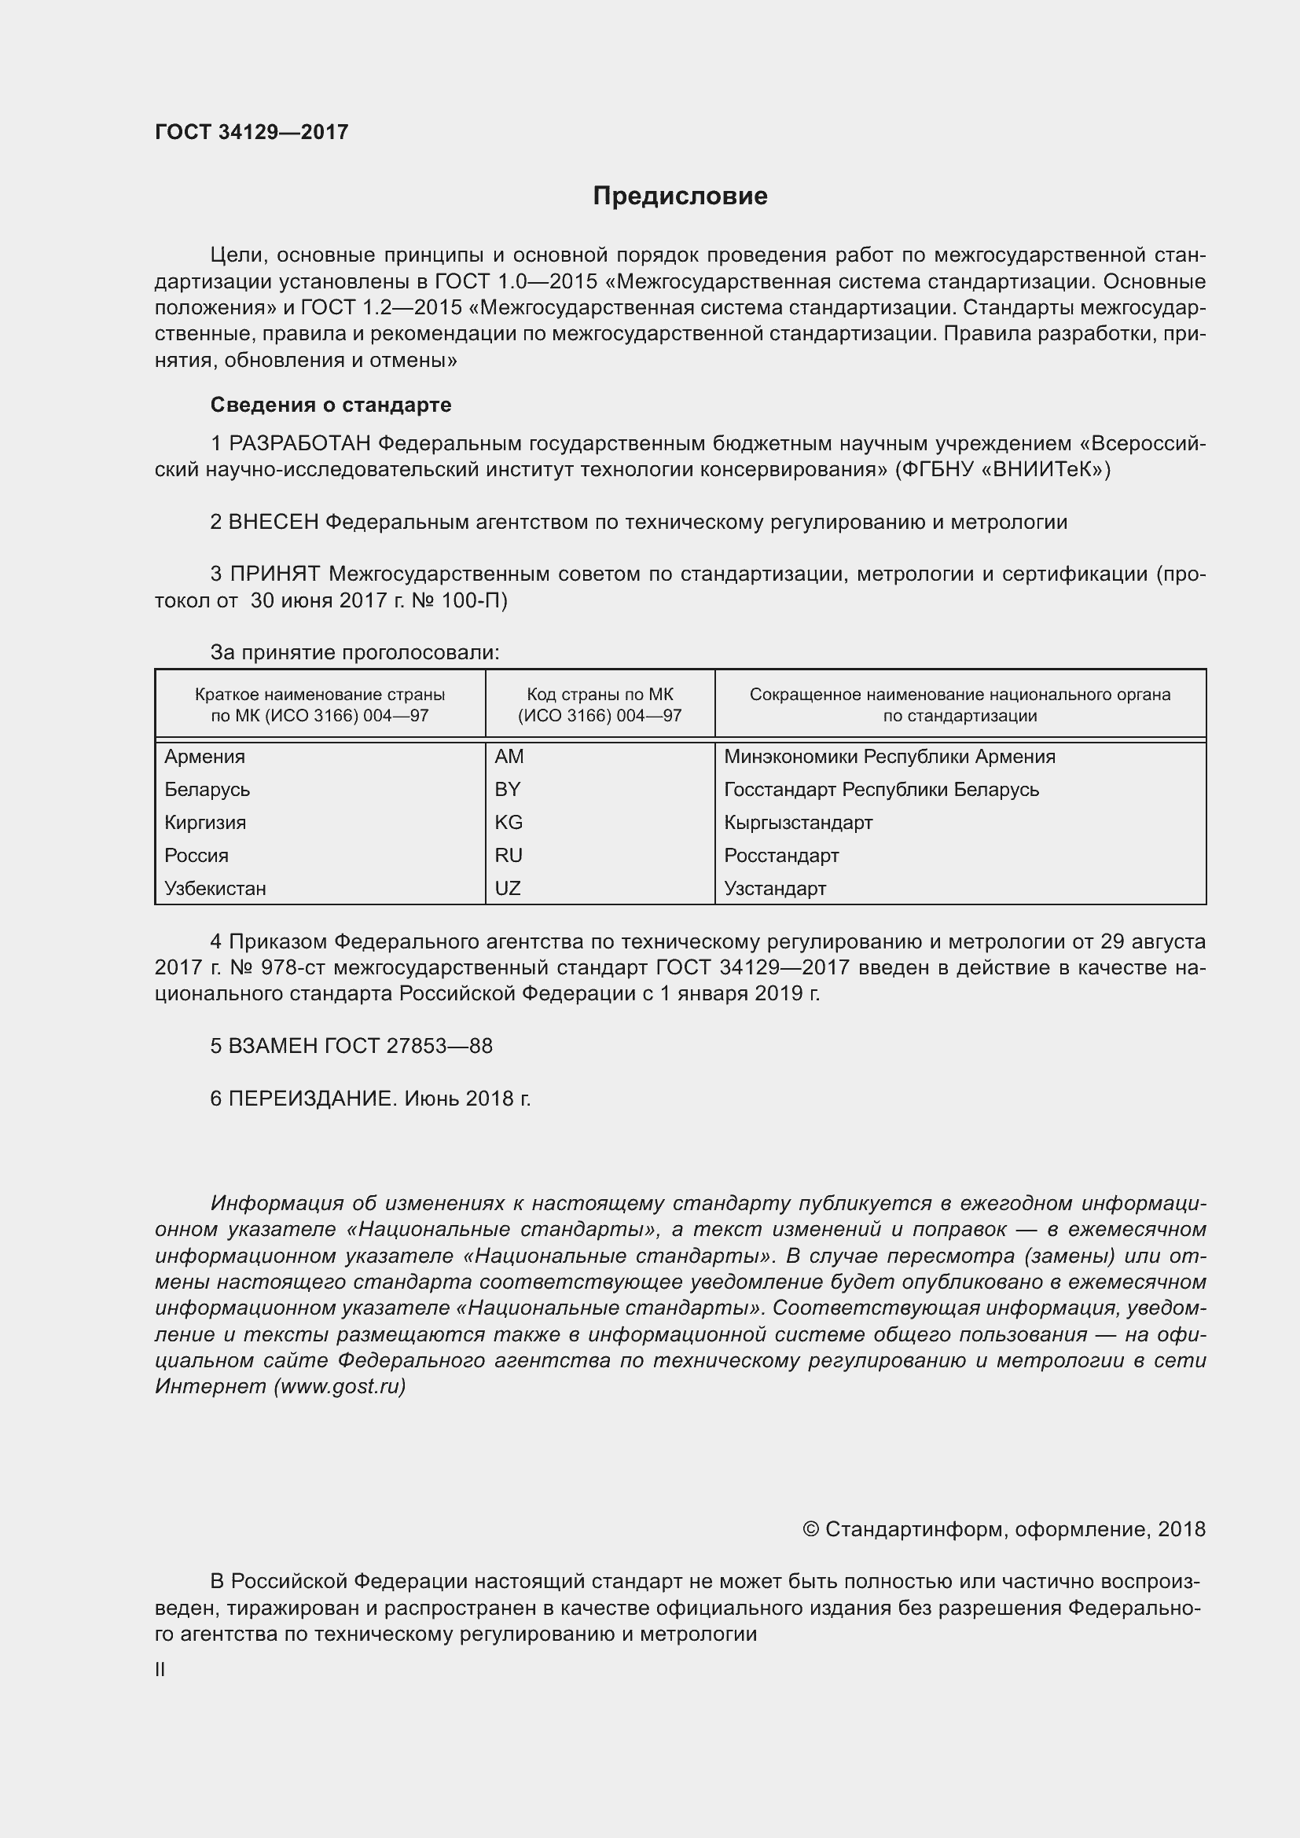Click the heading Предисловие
(680, 196)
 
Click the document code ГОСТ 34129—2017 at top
(252, 132)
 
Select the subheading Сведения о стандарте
(331, 405)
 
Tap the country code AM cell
(509, 757)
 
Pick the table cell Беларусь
(207, 789)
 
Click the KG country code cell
(509, 822)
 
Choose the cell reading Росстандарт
(781, 855)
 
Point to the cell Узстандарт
(775, 888)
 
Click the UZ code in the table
(508, 888)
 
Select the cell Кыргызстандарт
(798, 822)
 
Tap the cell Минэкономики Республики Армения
(890, 757)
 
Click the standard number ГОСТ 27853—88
(408, 1046)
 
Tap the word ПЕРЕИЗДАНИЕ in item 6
(312, 1099)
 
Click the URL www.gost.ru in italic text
(340, 1386)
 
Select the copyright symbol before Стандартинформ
(810, 1530)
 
